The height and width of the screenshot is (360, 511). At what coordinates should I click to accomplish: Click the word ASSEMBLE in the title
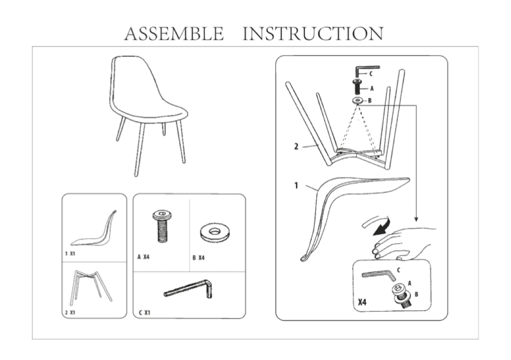click(x=174, y=34)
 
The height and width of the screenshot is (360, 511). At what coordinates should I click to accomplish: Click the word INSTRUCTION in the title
click(x=313, y=34)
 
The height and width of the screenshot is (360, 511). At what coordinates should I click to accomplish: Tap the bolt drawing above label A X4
click(x=162, y=226)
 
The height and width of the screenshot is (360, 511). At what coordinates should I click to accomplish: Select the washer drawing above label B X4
click(x=215, y=233)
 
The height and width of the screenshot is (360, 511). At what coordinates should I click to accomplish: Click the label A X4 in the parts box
click(x=143, y=257)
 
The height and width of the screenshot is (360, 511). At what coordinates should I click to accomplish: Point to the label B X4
click(x=198, y=258)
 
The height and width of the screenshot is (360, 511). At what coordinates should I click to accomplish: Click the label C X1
click(x=145, y=313)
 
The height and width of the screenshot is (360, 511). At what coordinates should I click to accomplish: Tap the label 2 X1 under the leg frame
click(x=70, y=313)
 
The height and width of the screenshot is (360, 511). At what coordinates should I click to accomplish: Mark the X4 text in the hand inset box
click(x=362, y=302)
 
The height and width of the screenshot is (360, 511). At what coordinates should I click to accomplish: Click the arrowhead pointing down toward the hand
click(x=416, y=219)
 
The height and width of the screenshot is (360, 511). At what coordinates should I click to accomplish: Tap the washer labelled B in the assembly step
click(x=358, y=100)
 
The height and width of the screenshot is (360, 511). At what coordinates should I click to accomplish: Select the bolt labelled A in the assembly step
click(x=358, y=87)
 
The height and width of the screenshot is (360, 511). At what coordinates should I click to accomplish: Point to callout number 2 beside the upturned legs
click(x=296, y=147)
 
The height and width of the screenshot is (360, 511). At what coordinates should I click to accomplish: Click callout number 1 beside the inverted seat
click(x=296, y=185)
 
